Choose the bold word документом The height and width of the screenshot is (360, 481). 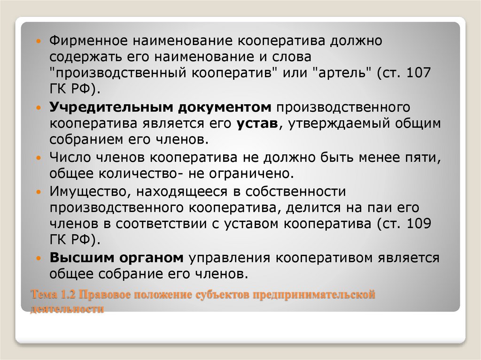click(226, 108)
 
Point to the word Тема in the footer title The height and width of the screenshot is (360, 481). click(43, 296)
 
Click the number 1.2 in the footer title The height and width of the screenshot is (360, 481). click(67, 296)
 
